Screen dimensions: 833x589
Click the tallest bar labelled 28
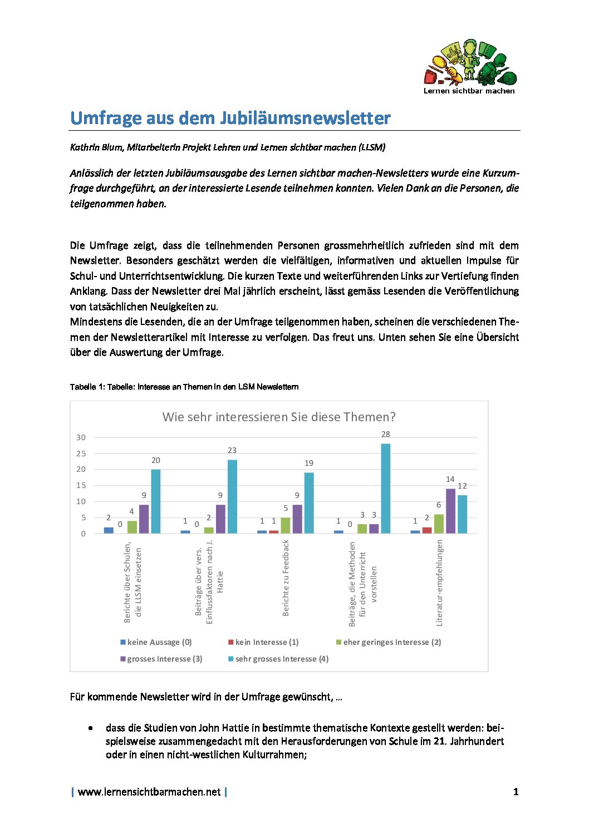[385, 488]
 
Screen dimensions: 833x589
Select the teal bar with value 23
[232, 496]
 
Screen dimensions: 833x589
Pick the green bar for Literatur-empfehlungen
[439, 524]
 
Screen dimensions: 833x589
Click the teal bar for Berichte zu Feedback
[309, 503]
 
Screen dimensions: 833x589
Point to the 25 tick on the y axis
[81, 454]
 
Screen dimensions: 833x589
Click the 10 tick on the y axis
[81, 501]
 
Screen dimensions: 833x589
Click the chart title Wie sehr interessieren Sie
[279, 417]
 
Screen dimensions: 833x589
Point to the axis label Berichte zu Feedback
[286, 578]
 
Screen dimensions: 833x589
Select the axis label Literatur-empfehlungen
[439, 583]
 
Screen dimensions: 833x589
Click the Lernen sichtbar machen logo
[469, 67]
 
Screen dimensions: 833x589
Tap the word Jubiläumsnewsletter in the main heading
[305, 118]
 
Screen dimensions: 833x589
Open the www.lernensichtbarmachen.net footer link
[149, 792]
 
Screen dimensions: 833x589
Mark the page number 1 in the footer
[516, 792]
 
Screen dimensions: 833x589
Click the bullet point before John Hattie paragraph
[90, 728]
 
